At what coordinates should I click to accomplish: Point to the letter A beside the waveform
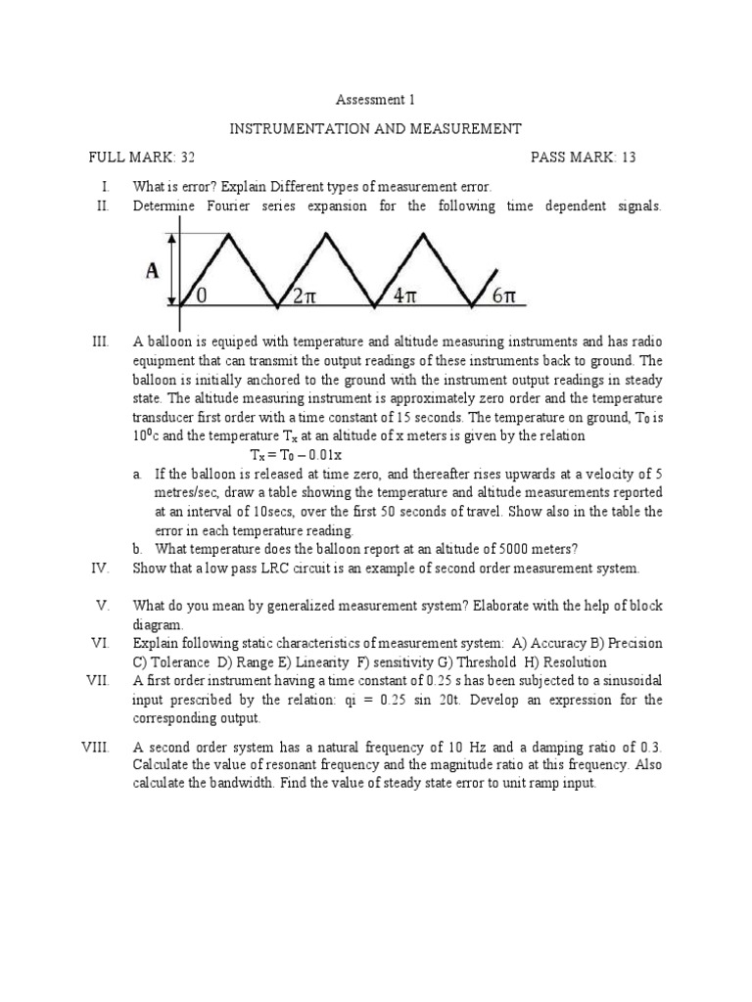coord(152,271)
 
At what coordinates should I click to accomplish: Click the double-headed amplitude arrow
coord(173,269)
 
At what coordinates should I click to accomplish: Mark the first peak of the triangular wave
coord(230,234)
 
